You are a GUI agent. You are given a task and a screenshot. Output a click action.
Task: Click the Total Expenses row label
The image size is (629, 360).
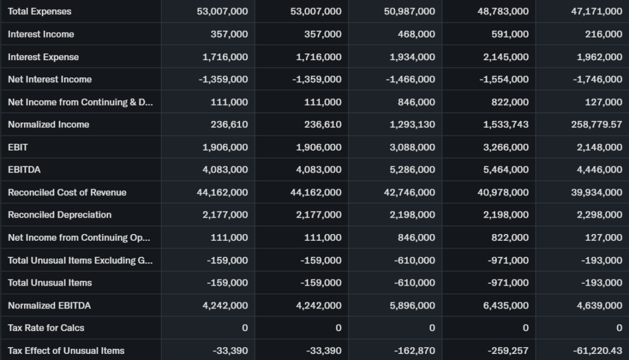39,12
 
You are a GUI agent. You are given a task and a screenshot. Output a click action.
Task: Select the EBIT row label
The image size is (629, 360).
18,147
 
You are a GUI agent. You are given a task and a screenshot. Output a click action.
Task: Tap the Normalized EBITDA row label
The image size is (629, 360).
49,305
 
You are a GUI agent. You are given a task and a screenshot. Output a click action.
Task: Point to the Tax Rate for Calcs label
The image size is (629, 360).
46,328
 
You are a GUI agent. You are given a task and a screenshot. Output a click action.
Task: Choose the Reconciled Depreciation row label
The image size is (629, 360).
60,215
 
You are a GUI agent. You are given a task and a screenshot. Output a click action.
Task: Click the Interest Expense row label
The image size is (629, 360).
43,57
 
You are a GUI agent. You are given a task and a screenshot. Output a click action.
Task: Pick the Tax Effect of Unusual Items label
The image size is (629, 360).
66,351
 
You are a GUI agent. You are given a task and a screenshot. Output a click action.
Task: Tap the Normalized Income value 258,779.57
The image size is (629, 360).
596,125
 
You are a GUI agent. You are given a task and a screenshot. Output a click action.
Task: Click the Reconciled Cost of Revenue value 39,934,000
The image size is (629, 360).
596,192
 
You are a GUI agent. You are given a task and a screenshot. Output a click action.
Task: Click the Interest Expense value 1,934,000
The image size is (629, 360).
412,57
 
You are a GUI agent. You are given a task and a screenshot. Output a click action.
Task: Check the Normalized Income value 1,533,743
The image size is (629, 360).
506,125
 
